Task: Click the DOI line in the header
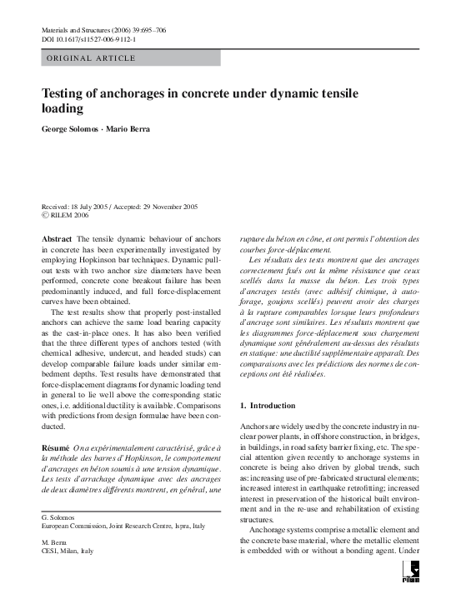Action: pyautogui.click(x=89, y=39)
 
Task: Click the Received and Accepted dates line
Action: pyautogui.click(x=119, y=206)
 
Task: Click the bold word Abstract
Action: pyautogui.click(x=57, y=238)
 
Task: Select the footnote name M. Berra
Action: pyautogui.click(x=54, y=541)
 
